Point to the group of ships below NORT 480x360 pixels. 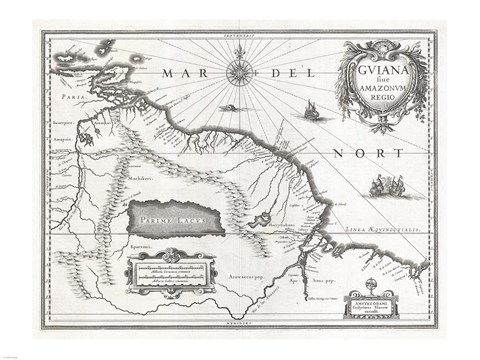point(389,184)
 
